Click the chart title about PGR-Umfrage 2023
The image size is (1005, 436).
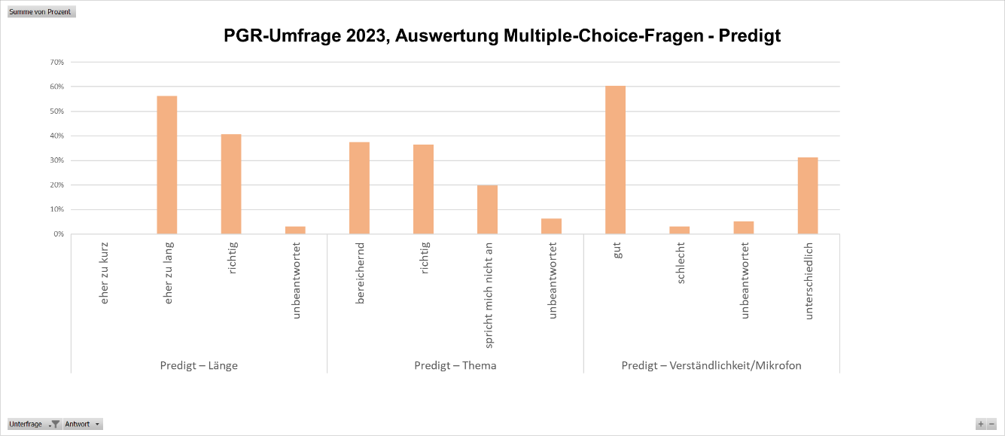502,35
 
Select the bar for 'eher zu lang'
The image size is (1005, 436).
167,165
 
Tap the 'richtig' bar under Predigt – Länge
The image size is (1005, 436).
231,184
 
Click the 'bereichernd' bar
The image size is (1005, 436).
359,188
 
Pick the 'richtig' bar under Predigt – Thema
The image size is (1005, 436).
423,190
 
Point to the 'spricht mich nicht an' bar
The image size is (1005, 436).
487,209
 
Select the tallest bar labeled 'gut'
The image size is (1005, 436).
615,160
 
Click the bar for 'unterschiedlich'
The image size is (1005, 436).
808,196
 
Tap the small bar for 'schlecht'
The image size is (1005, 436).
679,230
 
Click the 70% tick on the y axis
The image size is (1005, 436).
56,63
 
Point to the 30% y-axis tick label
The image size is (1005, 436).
56,160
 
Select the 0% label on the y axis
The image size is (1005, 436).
58,234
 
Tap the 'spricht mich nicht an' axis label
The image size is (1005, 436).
489,294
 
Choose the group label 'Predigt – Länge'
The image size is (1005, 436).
199,366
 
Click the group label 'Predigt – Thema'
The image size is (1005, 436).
455,366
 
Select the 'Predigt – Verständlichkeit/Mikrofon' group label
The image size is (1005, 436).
711,366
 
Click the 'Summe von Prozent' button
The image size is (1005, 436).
41,12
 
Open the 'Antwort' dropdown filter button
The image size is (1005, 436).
83,424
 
